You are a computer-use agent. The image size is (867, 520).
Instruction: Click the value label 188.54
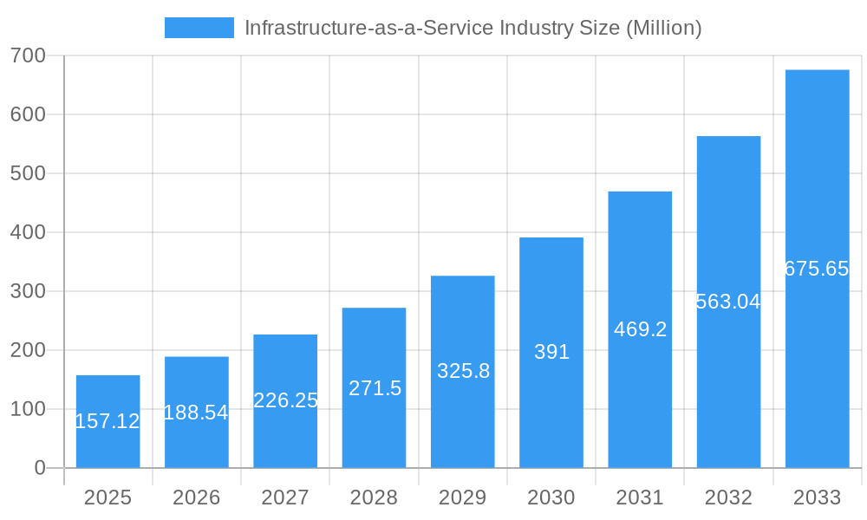pyautogui.click(x=196, y=413)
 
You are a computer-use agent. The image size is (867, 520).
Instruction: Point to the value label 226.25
pyautogui.click(x=285, y=400)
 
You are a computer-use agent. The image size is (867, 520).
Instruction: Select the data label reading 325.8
pyautogui.click(x=463, y=371)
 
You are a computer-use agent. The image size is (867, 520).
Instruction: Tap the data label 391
pyautogui.click(x=551, y=352)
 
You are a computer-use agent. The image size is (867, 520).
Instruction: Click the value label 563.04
pyautogui.click(x=728, y=302)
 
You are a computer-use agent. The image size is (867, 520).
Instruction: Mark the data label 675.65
pyautogui.click(x=817, y=269)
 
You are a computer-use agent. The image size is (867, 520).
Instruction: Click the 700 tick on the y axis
pyautogui.click(x=28, y=55)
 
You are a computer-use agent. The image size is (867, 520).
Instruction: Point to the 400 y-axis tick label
pyautogui.click(x=28, y=232)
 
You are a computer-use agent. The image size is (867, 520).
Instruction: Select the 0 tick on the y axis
pyautogui.click(x=39, y=468)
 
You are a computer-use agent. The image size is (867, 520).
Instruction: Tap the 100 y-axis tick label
pyautogui.click(x=28, y=409)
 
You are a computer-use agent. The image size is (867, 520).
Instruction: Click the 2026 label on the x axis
pyautogui.click(x=196, y=497)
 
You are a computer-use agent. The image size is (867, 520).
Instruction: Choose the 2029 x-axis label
pyautogui.click(x=463, y=497)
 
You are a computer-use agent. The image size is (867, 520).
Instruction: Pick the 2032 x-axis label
pyautogui.click(x=728, y=497)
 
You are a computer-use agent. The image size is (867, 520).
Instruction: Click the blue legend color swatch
pyautogui.click(x=199, y=28)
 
